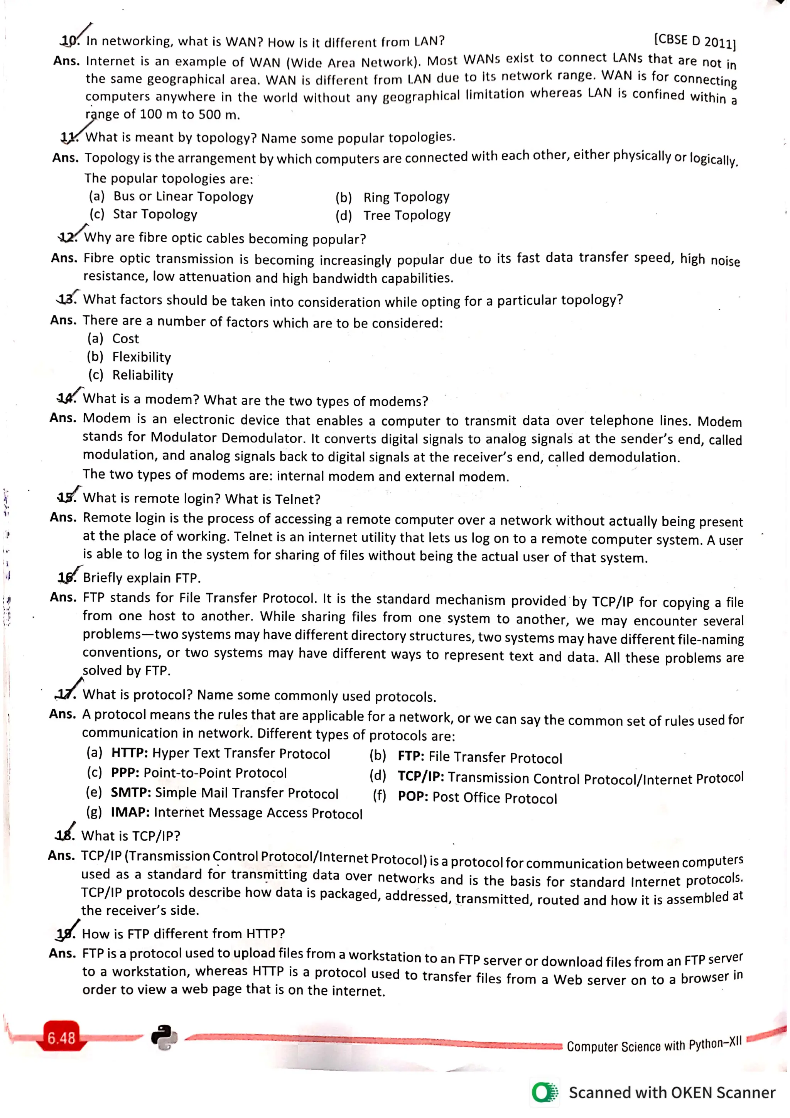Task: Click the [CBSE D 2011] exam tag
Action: pyautogui.click(x=695, y=41)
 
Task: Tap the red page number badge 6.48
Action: pyautogui.click(x=61, y=1038)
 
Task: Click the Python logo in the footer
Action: pyautogui.click(x=164, y=1038)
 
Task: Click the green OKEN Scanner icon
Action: pyautogui.click(x=544, y=1092)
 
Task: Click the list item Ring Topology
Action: pyautogui.click(x=406, y=197)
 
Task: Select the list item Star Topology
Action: pyautogui.click(x=155, y=214)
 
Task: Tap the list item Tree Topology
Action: pyautogui.click(x=407, y=215)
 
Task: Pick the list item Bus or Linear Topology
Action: pyautogui.click(x=183, y=196)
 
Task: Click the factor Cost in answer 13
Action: pyautogui.click(x=126, y=339)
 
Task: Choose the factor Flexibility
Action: pyautogui.click(x=142, y=357)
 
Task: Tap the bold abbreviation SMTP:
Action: pyautogui.click(x=130, y=792)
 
